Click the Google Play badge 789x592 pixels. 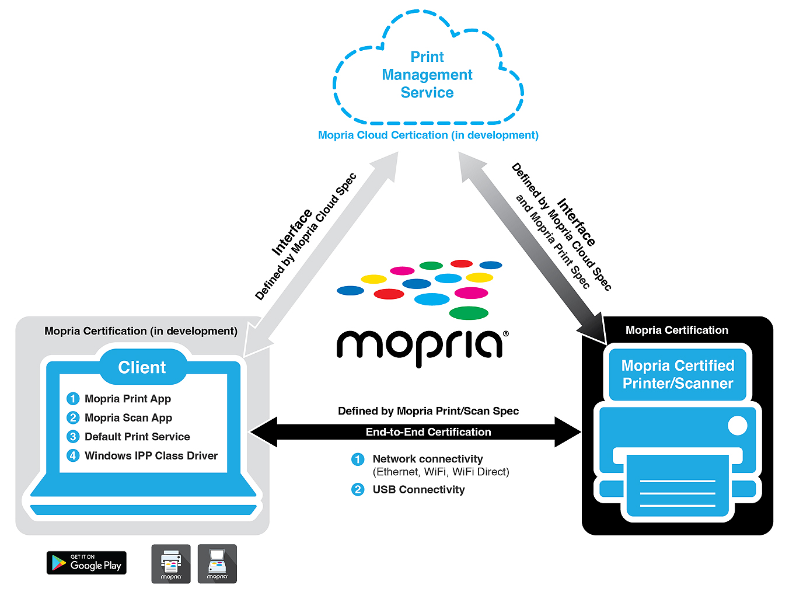click(86, 562)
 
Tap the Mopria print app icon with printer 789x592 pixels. click(171, 563)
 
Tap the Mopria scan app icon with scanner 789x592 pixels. click(217, 563)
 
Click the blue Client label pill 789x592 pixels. click(142, 367)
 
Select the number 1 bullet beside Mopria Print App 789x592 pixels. click(73, 399)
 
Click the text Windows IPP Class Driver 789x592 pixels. click(151, 455)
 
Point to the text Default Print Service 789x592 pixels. click(137, 437)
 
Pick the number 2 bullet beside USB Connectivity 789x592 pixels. click(358, 489)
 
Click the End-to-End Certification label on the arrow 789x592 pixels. click(428, 432)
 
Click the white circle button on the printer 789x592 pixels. click(738, 426)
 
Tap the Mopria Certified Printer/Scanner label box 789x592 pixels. click(678, 374)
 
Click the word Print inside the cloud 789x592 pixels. click(427, 57)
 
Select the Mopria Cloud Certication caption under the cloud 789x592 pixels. click(428, 135)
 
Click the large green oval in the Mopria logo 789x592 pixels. click(469, 313)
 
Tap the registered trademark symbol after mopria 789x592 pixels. click(505, 334)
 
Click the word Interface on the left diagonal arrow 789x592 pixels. click(292, 232)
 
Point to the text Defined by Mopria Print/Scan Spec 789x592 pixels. click(428, 411)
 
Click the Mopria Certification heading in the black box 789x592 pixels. click(677, 330)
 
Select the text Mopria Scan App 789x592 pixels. click(128, 418)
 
